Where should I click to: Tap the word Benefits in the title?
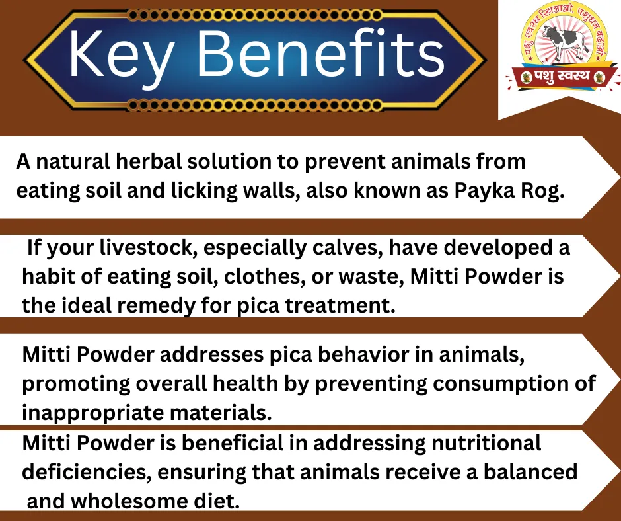coord(320,53)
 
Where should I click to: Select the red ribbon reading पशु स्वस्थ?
coord(562,77)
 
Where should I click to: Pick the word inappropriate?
coord(92,413)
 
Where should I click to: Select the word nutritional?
coord(486,443)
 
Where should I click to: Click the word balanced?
coord(530,472)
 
